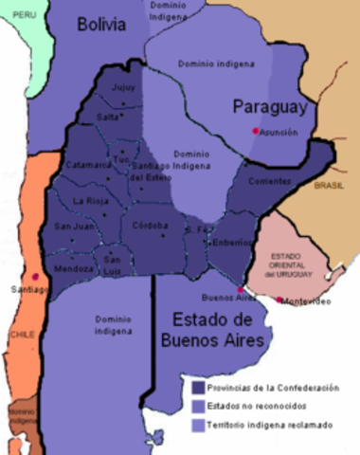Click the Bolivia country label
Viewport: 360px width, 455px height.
[x=101, y=25]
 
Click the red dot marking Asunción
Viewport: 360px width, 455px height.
[x=255, y=131]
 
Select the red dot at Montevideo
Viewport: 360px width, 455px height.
[x=279, y=300]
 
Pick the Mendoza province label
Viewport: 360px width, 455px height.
[x=75, y=269]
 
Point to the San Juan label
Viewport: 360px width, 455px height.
[x=74, y=227]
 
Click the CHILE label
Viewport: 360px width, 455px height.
[x=20, y=335]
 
